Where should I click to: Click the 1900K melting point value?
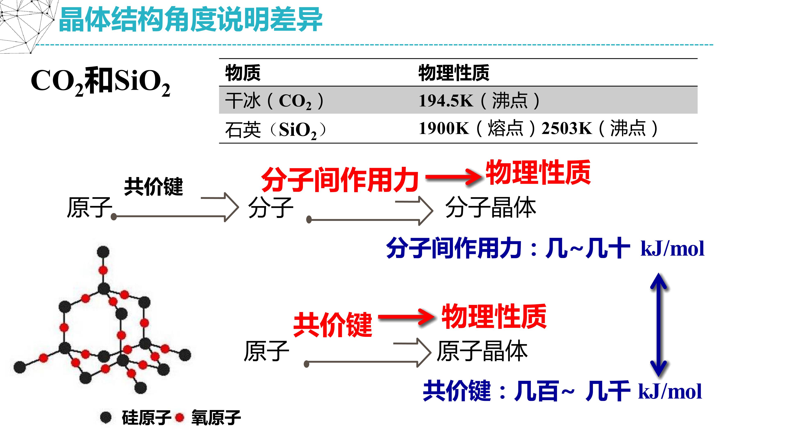[x=444, y=128]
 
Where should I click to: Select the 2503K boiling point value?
[x=567, y=128]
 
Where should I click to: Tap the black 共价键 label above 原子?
[x=153, y=186]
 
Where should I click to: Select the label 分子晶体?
[x=491, y=207]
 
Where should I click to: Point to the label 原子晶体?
[x=482, y=351]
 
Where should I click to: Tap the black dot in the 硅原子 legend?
[x=106, y=417]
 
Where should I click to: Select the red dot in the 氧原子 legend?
[x=180, y=417]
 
